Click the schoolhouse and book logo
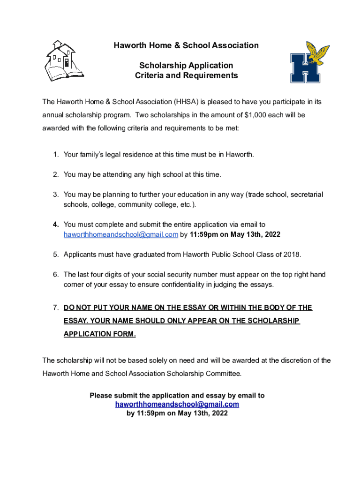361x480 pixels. (x=63, y=60)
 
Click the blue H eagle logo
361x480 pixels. (x=309, y=62)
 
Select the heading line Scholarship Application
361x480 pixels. (x=186, y=65)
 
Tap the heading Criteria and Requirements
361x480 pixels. (x=186, y=75)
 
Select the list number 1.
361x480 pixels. (x=55, y=154)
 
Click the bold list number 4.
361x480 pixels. (x=55, y=225)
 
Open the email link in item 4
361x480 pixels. (x=120, y=234)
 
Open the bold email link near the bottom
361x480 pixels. (x=177, y=404)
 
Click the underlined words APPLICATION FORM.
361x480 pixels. (x=100, y=334)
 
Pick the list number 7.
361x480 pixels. (x=55, y=308)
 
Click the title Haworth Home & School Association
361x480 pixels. (x=186, y=45)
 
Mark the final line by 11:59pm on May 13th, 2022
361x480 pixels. (x=177, y=413)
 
